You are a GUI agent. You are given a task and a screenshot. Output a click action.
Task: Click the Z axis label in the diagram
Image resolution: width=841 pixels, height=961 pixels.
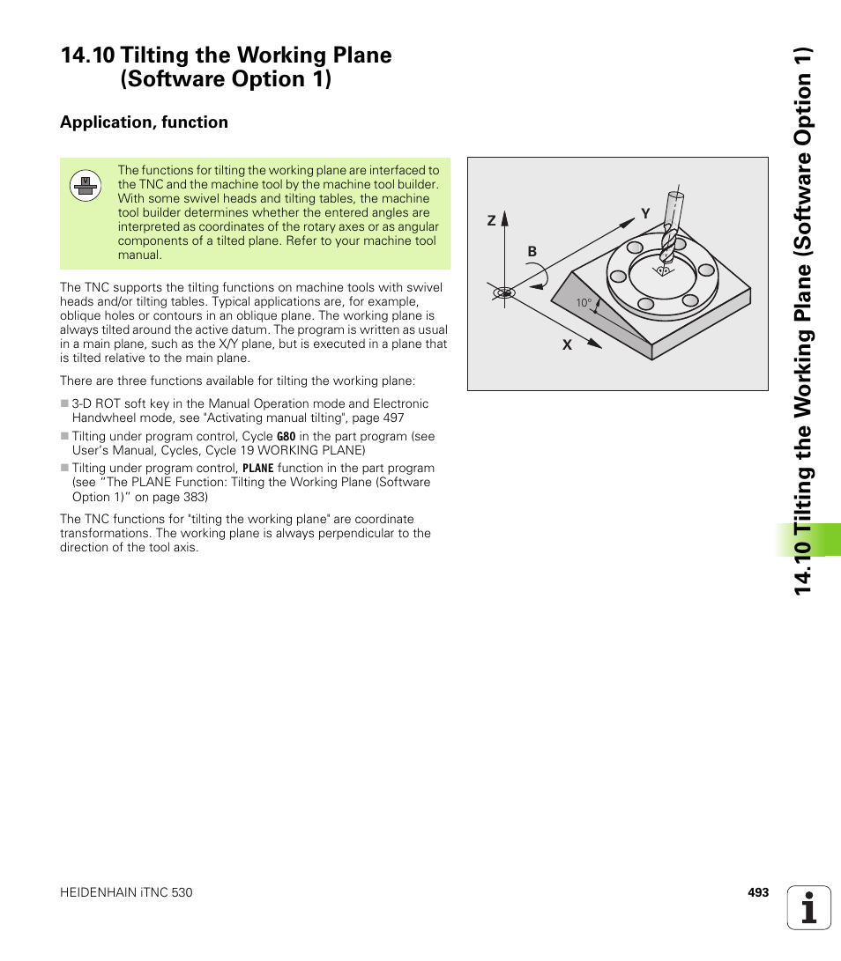click(492, 222)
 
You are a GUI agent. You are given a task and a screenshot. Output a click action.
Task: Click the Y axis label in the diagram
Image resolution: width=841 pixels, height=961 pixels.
click(644, 214)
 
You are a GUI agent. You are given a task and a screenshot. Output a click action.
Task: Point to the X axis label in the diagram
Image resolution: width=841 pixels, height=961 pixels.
click(568, 345)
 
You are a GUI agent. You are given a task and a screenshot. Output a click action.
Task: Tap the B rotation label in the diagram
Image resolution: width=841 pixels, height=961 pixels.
click(532, 252)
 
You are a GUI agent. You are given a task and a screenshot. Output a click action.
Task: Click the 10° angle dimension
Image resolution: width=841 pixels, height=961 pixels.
click(583, 303)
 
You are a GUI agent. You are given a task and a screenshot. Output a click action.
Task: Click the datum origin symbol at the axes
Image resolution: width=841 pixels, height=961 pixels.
click(504, 292)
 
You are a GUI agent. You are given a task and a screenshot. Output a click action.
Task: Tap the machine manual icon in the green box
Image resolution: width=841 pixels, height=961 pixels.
click(86, 185)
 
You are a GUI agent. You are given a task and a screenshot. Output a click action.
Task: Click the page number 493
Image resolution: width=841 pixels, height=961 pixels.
click(758, 892)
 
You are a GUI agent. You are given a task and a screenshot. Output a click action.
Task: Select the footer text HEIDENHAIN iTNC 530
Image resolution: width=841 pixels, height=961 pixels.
click(126, 892)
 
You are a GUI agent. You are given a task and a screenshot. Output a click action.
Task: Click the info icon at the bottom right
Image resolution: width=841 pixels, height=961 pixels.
click(809, 907)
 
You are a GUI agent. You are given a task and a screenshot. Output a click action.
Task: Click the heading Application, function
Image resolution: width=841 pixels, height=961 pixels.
click(144, 122)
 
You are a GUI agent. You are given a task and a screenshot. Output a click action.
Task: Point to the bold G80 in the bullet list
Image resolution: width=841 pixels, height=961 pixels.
click(286, 437)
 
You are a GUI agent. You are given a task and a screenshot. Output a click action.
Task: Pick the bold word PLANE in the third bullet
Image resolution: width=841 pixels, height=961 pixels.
click(258, 469)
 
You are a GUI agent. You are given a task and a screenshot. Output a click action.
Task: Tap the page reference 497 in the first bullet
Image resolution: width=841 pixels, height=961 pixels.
click(393, 418)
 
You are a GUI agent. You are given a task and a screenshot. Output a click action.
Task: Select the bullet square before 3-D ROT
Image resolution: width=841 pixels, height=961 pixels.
click(64, 404)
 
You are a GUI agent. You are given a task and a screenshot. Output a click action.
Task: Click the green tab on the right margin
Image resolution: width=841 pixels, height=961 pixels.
click(808, 540)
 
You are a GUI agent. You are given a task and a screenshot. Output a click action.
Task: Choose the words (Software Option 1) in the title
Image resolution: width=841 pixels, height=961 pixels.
click(227, 79)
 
